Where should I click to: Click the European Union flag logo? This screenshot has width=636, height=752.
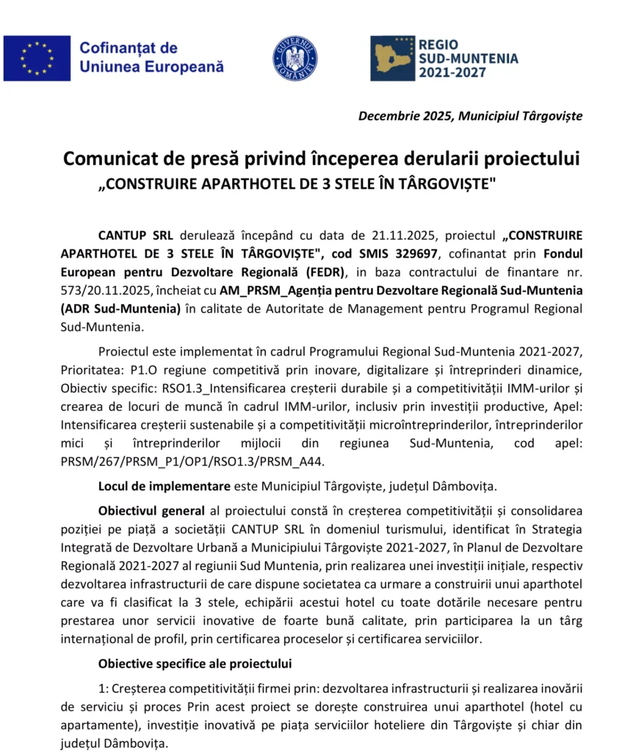pos(37,58)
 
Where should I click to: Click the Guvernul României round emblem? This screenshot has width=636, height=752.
pos(295,58)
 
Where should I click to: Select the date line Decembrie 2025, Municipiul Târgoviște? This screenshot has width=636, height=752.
pos(470,116)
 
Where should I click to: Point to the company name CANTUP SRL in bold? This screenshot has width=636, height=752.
pos(136,236)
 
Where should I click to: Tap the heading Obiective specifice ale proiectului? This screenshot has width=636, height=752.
pos(195,664)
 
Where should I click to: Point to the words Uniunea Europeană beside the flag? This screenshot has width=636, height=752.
pos(151,67)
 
